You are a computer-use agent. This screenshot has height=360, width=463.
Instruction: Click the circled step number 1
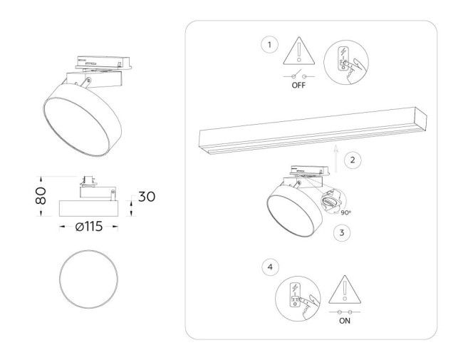click(269, 45)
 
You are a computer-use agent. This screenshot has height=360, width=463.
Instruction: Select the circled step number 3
click(341, 232)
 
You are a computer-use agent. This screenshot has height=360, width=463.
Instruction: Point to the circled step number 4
click(269, 268)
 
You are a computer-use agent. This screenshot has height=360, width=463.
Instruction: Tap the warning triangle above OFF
click(300, 53)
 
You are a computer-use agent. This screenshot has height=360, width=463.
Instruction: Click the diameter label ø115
click(88, 227)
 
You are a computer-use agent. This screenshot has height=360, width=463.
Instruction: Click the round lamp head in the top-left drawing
click(80, 116)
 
